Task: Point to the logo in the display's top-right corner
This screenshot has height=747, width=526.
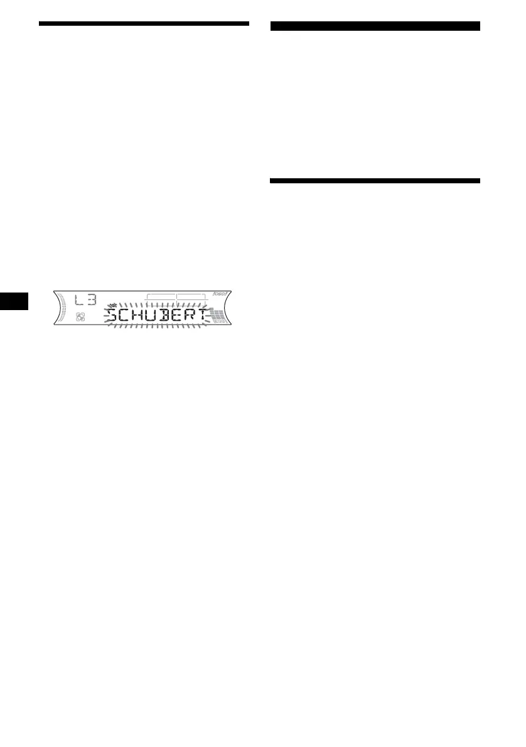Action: click(x=223, y=294)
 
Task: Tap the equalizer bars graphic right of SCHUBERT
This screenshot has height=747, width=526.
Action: click(x=220, y=317)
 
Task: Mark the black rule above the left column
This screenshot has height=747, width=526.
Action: click(x=144, y=24)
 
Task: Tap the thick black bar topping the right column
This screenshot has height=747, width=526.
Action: click(x=375, y=26)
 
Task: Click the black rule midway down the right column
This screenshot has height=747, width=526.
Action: click(x=375, y=181)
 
